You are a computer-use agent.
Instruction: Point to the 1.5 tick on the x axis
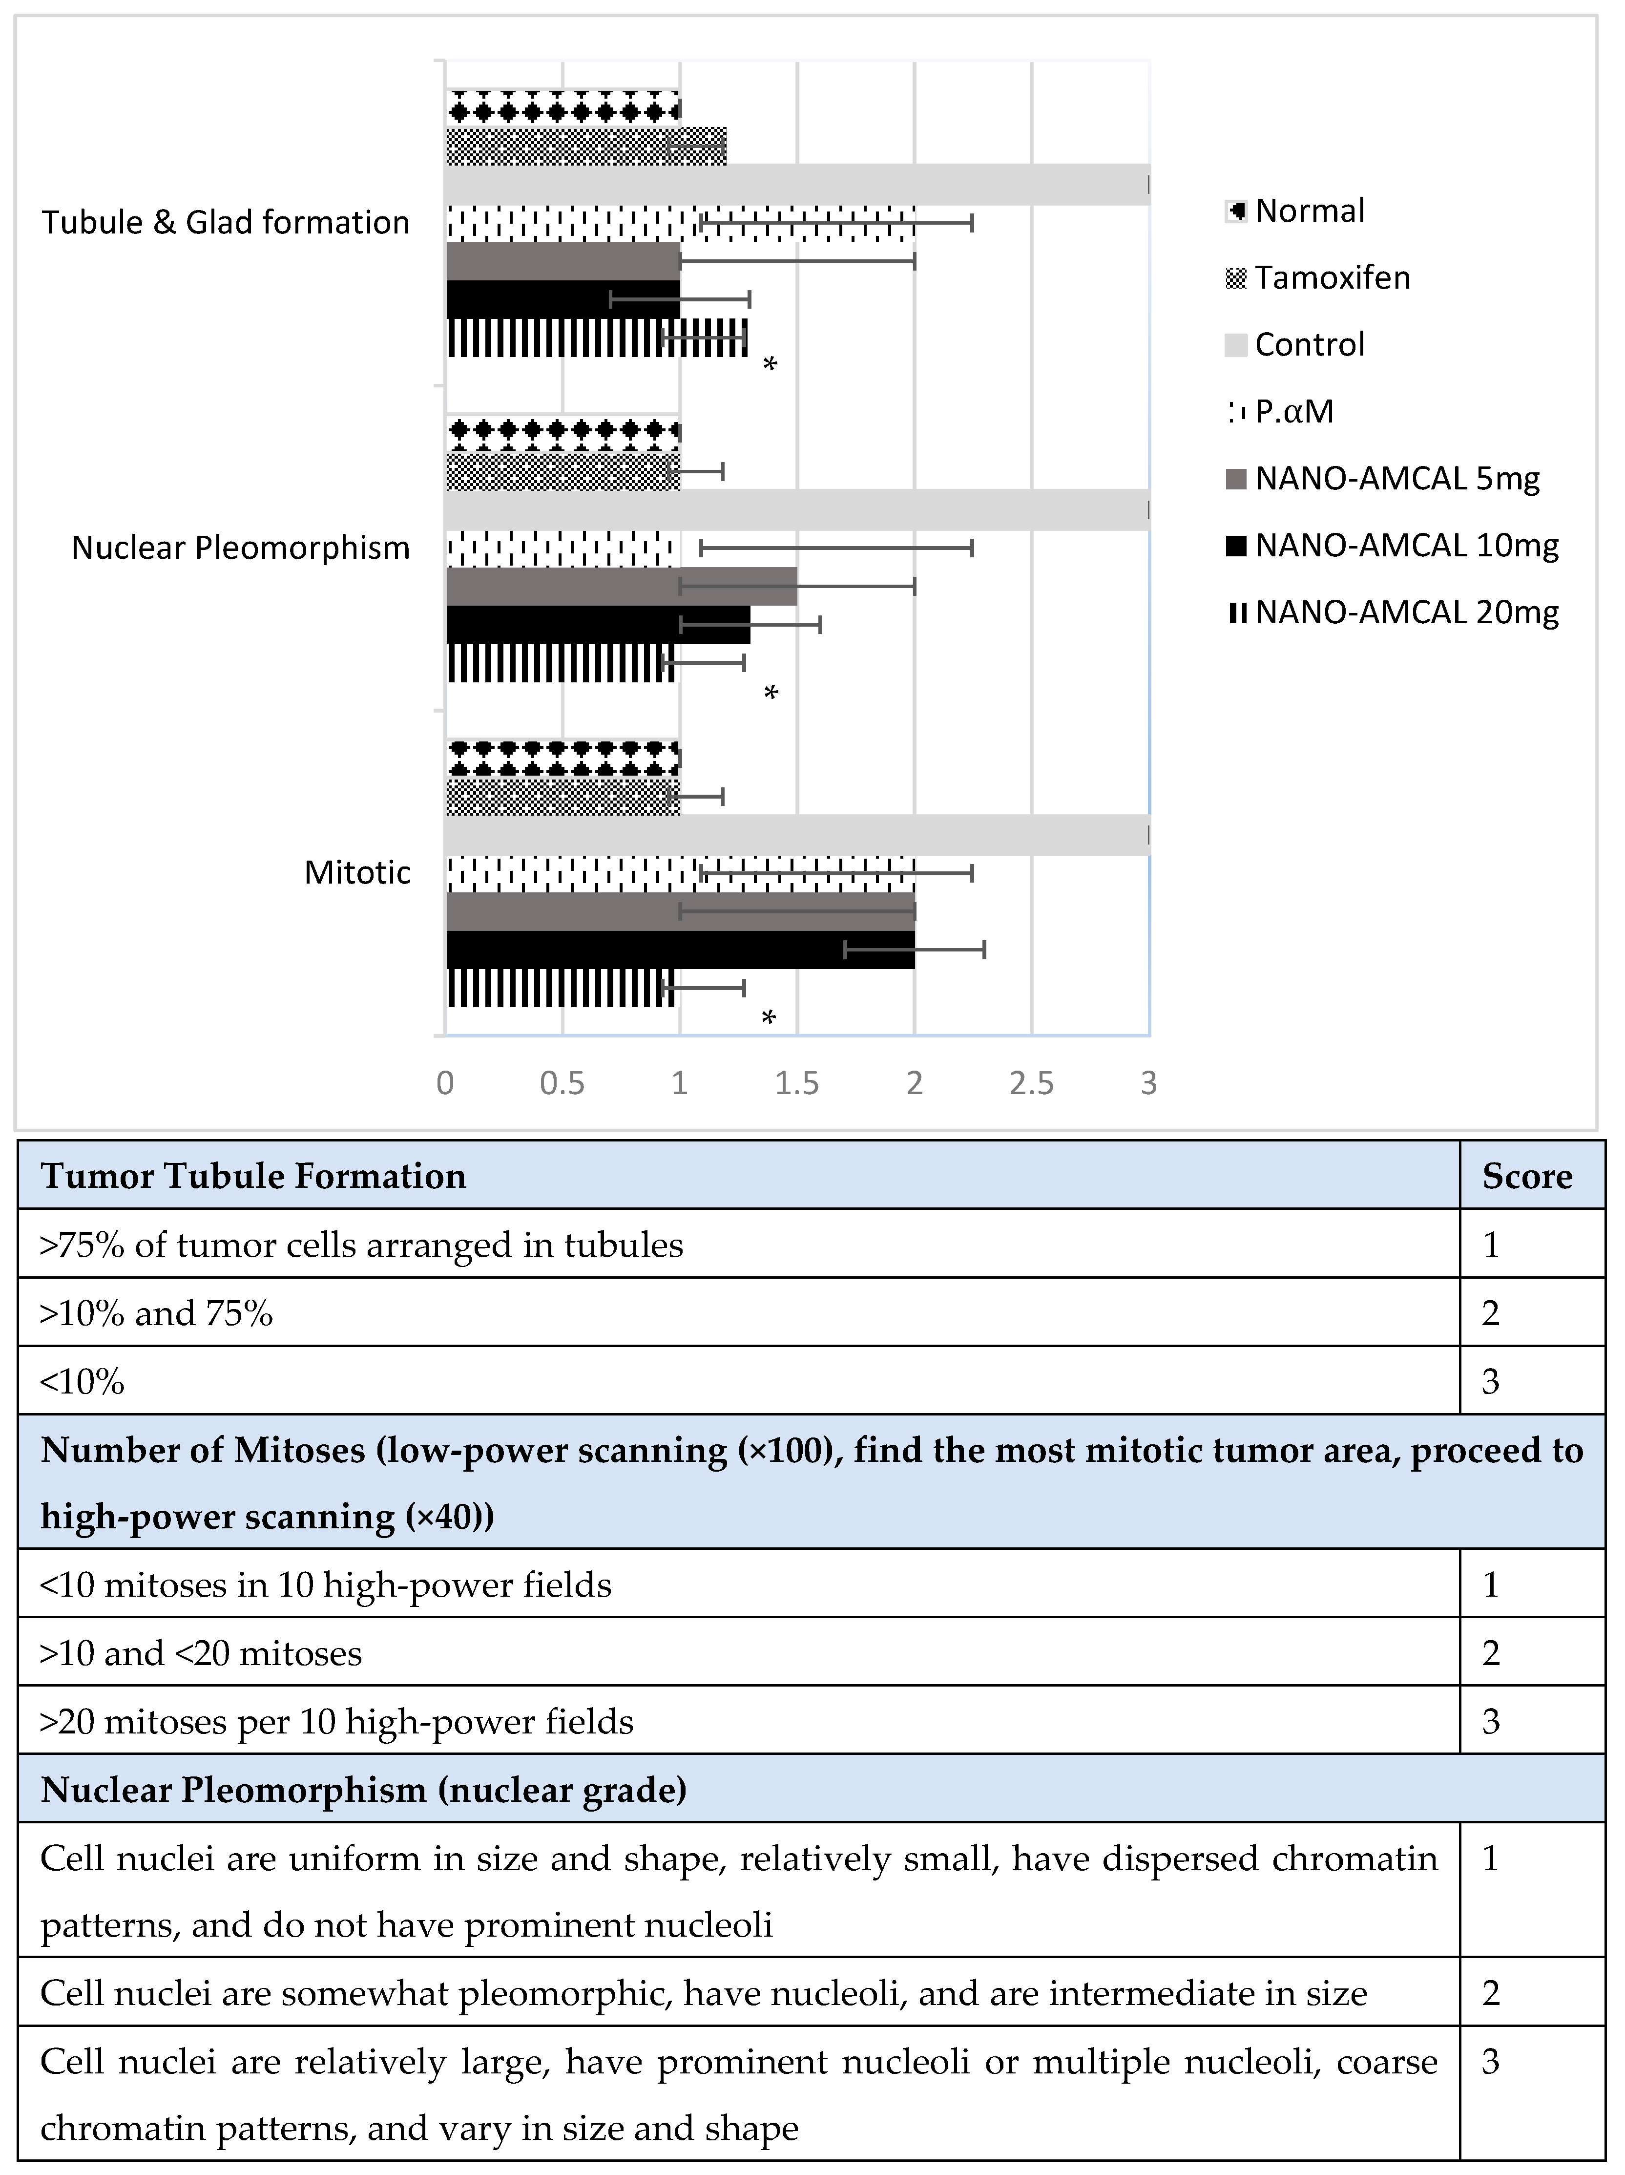coord(796,1083)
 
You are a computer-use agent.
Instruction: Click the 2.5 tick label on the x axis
coord(1031,1083)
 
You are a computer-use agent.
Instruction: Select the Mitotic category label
coord(357,872)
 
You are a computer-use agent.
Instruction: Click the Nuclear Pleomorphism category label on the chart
coord(241,548)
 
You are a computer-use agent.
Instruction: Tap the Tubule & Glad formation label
coord(225,222)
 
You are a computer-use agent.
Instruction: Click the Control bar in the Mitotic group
coord(796,835)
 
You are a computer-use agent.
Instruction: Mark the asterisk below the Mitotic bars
coord(769,1017)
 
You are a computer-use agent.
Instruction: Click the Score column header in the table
coord(1527,1176)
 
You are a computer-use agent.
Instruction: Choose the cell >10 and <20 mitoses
coord(201,1654)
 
